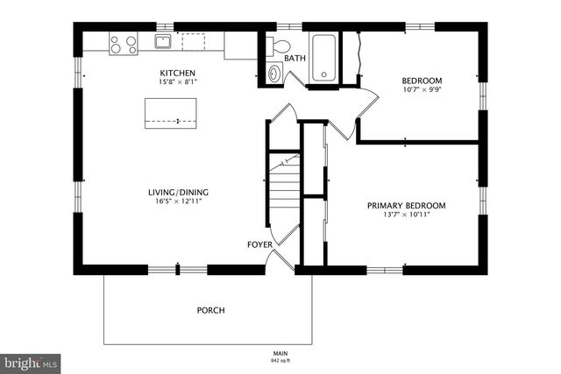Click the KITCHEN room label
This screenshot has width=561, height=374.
177,73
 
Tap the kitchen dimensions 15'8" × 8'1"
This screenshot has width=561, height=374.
177,82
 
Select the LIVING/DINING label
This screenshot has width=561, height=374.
177,193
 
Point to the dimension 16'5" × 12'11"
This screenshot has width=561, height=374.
177,202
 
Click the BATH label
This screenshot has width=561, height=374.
295,59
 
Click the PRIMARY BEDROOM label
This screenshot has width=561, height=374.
406,206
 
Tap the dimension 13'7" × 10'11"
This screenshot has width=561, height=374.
406,215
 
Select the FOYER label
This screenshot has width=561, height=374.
259,244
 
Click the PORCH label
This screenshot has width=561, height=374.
210,310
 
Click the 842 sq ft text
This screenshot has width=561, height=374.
280,360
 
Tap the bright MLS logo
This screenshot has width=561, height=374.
31,362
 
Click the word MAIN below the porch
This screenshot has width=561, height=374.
280,352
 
